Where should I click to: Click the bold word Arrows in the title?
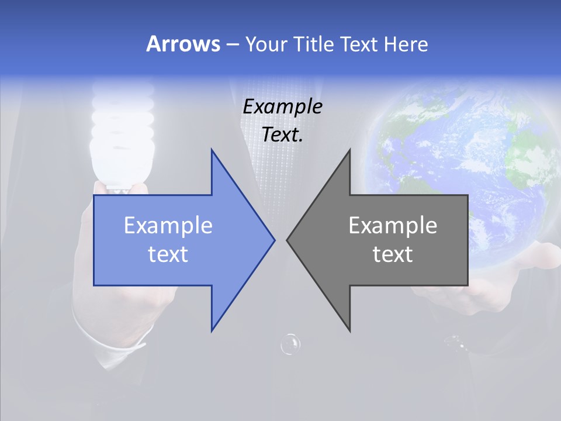183,44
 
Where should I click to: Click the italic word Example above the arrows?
282,107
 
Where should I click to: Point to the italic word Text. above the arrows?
282,135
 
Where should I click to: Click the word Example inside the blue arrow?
168,226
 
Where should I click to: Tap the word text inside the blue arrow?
168,254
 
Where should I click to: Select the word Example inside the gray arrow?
393,226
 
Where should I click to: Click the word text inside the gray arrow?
393,254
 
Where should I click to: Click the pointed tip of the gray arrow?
288,240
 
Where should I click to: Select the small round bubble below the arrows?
290,344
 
